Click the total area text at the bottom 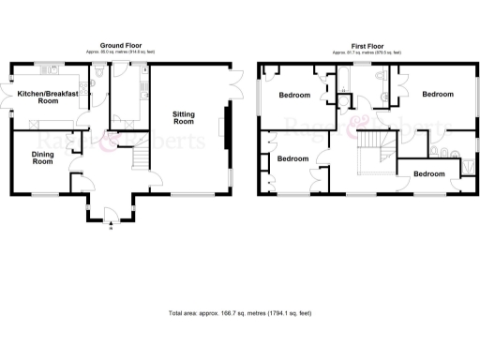pos(239,312)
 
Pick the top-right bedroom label pos(436,95)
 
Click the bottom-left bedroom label pos(293,158)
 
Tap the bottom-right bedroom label pos(429,174)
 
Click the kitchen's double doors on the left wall pos(12,97)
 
